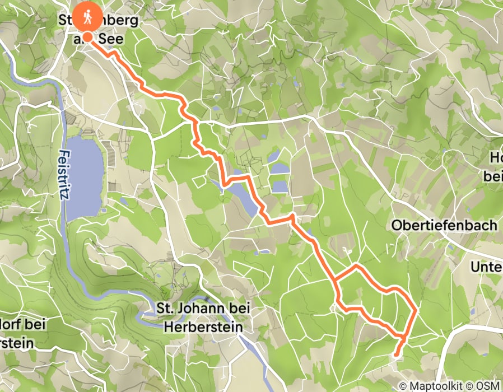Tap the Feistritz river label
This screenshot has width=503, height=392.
66,174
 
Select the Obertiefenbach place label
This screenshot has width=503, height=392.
445,226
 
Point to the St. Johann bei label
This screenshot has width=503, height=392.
203,309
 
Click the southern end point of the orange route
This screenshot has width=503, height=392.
397,354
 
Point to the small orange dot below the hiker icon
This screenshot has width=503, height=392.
88,38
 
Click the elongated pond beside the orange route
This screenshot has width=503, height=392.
244,193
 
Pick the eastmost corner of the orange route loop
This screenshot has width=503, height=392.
415,309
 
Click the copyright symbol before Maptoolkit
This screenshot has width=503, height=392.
403,386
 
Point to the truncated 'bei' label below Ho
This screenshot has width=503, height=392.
492,176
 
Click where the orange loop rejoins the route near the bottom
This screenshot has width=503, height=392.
402,337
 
